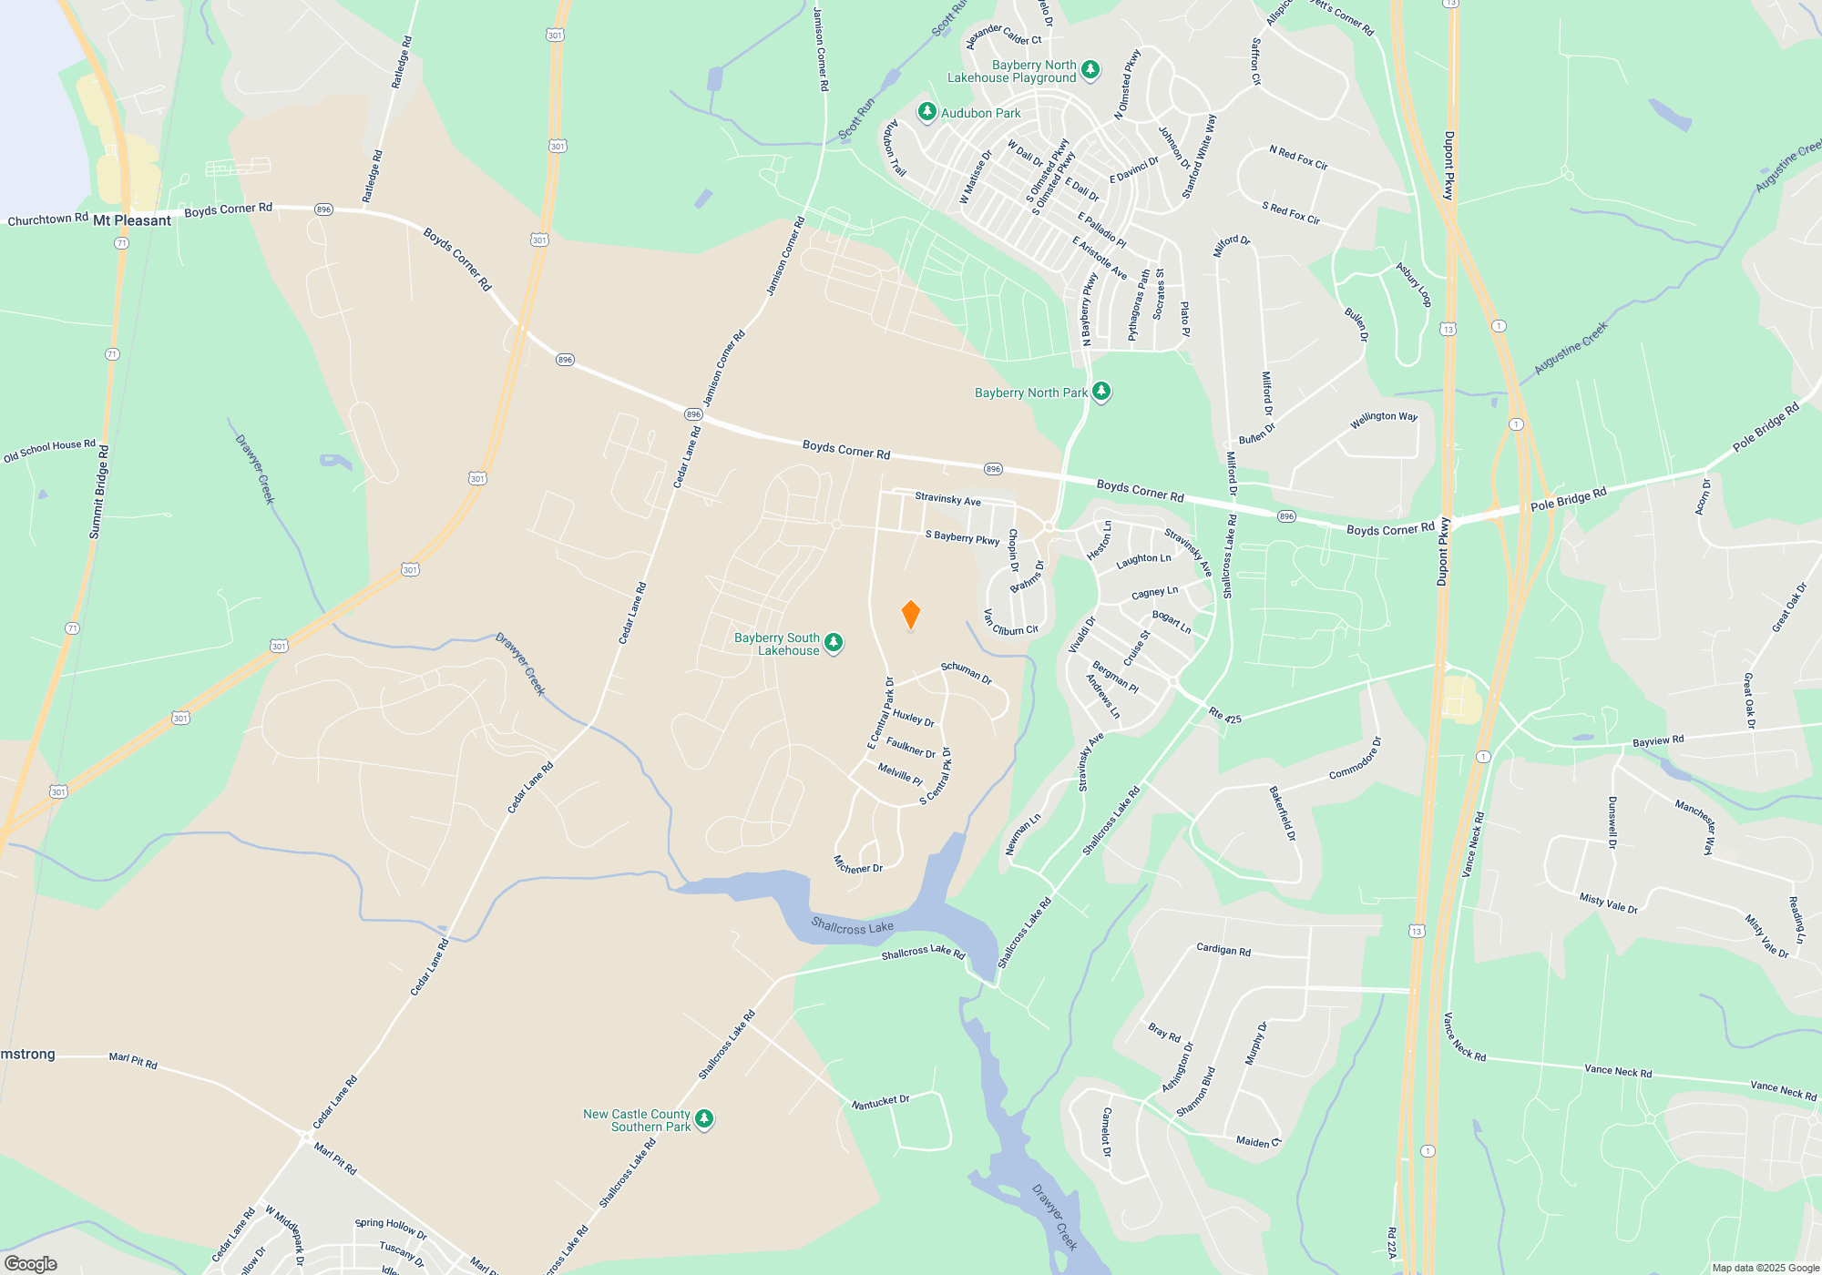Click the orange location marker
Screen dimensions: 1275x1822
tap(910, 615)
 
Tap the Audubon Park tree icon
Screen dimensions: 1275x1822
tap(926, 112)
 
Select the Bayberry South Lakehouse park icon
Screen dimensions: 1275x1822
tap(834, 644)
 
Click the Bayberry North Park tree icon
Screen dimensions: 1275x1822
tap(1101, 392)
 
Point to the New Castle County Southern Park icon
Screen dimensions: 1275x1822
tap(704, 1119)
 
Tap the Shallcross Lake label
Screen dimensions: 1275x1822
tap(852, 927)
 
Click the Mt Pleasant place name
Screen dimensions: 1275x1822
tap(132, 220)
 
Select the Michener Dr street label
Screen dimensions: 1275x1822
tap(858, 865)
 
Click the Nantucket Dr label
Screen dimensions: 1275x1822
tap(880, 1103)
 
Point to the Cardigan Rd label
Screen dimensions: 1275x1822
tap(1223, 950)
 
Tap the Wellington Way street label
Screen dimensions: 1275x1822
tap(1383, 417)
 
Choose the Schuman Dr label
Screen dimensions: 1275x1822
tap(967, 672)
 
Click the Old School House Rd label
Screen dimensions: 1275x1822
tap(49, 450)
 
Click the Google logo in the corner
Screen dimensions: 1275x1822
tap(31, 1264)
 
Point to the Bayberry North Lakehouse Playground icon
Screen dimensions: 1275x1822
tap(1090, 70)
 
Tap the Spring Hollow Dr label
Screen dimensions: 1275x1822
tap(390, 1229)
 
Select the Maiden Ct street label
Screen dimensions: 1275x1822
tap(1258, 1141)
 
